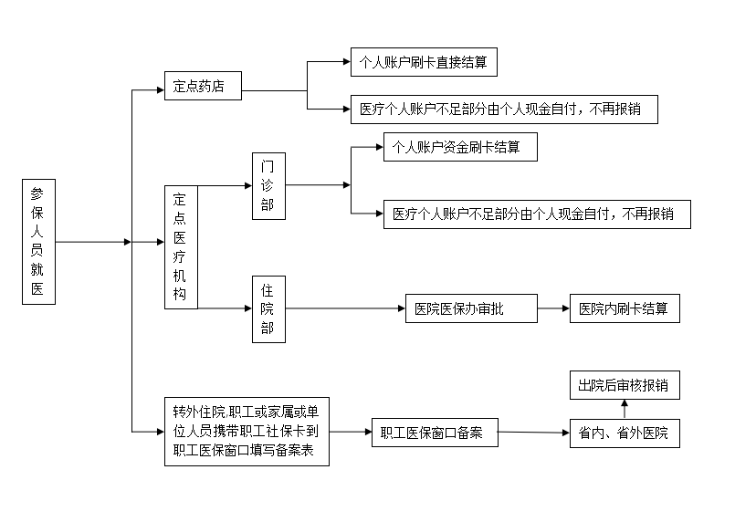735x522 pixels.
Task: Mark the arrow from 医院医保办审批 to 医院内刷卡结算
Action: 553,308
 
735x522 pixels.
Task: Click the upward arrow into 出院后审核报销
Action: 625,409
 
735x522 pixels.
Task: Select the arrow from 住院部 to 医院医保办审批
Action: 345,308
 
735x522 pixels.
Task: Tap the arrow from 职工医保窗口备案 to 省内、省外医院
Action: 534,433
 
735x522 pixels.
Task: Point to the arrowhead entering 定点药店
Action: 161,90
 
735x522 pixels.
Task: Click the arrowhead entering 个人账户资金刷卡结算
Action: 380,147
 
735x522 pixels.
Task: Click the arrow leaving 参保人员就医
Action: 93,242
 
